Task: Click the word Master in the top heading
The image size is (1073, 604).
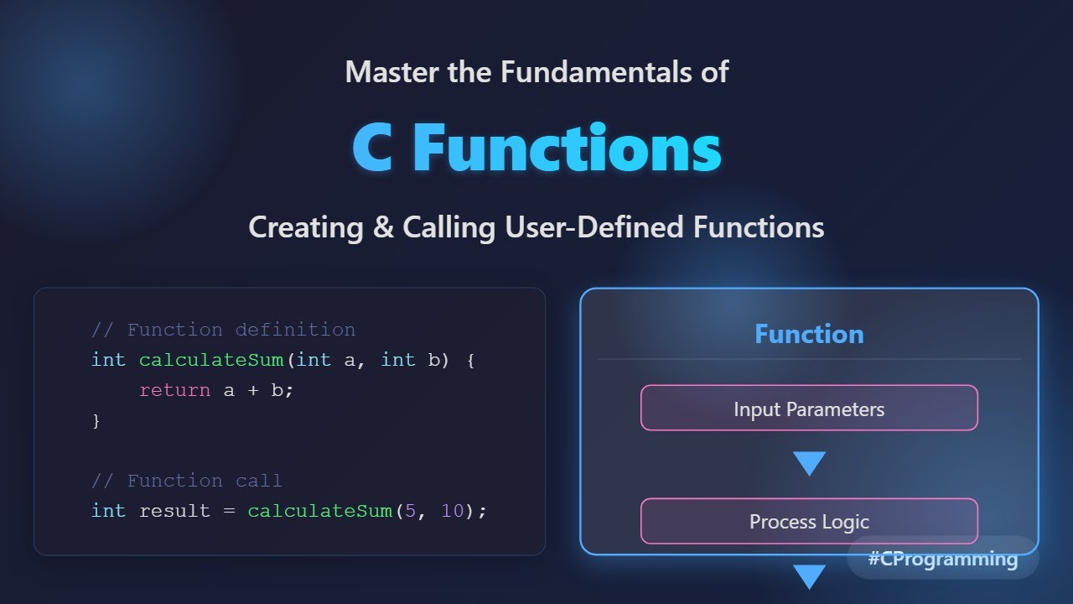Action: pyautogui.click(x=391, y=72)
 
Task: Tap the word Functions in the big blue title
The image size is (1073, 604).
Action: pyautogui.click(x=567, y=148)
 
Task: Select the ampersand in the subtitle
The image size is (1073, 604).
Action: pyautogui.click(x=383, y=227)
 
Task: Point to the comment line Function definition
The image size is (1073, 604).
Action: pyautogui.click(x=223, y=330)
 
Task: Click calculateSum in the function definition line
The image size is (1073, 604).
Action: pyautogui.click(x=211, y=360)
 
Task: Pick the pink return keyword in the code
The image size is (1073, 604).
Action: pyautogui.click(x=174, y=390)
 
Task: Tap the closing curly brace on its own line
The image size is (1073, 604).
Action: pyautogui.click(x=96, y=421)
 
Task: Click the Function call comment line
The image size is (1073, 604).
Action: pyautogui.click(x=187, y=481)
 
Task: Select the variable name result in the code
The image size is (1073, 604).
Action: pyautogui.click(x=174, y=511)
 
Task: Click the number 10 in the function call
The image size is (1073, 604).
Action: pyautogui.click(x=452, y=511)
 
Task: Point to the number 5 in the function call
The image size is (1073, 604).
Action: pyautogui.click(x=410, y=511)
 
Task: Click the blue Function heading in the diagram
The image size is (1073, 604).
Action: pyautogui.click(x=809, y=335)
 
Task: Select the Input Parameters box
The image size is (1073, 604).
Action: pyautogui.click(x=809, y=409)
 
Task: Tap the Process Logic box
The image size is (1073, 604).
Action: pyautogui.click(x=809, y=521)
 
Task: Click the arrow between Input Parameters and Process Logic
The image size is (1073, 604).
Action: pyautogui.click(x=809, y=463)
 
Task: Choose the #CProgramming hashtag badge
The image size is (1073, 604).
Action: pyautogui.click(x=943, y=559)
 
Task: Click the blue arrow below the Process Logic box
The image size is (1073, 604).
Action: pyautogui.click(x=809, y=576)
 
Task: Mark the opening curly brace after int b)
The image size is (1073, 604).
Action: pyautogui.click(x=470, y=360)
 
